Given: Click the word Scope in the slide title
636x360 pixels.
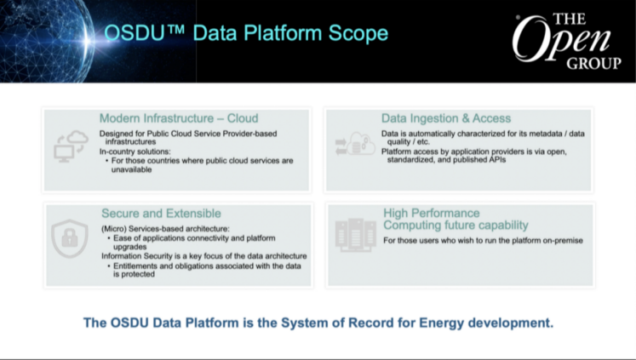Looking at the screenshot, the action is tap(358, 34).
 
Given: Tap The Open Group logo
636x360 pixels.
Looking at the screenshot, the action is tap(567, 42).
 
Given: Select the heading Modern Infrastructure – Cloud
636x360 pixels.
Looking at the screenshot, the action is tap(179, 118).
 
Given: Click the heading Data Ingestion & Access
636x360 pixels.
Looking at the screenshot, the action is tap(446, 118).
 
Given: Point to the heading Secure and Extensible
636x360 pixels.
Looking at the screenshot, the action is tap(161, 214).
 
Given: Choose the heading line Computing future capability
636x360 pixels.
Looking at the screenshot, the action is tap(456, 225).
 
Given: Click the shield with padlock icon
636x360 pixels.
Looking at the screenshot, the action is tap(70, 239).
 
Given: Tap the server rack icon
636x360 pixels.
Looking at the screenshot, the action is tap(355, 235).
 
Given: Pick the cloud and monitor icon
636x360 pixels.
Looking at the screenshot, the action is tap(71, 146).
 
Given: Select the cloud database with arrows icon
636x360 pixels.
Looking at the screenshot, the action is tap(355, 144).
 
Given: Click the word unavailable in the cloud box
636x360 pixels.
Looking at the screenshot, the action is tap(131, 170).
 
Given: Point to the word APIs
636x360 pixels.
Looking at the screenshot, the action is tap(497, 160).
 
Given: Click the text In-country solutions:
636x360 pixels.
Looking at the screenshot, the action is tap(135, 151).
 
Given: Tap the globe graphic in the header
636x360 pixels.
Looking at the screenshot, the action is tap(46, 41).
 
